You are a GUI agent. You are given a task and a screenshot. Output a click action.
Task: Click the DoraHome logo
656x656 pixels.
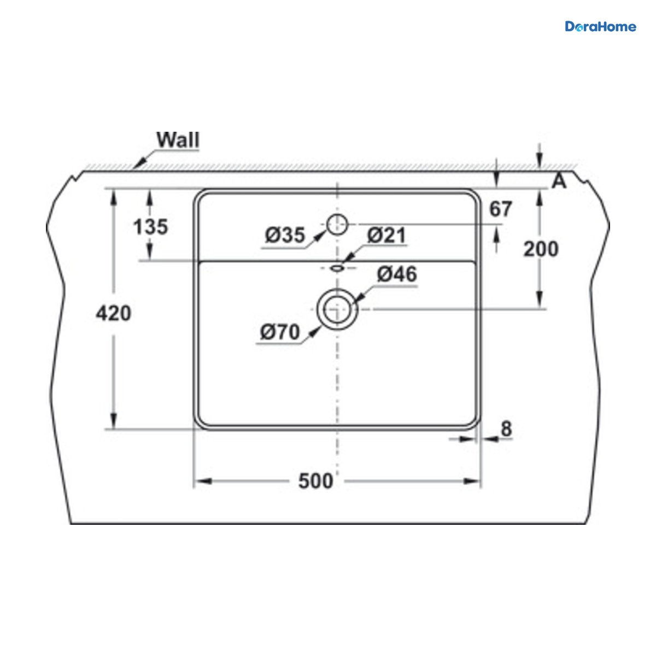click(x=600, y=27)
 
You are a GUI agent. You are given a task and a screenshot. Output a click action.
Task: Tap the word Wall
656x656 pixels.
click(x=178, y=139)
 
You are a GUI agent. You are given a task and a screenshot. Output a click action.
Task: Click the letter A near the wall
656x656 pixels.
click(x=559, y=181)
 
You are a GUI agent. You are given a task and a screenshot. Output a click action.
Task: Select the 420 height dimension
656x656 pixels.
click(x=113, y=313)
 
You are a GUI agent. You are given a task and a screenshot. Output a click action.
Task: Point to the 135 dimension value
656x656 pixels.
click(x=150, y=227)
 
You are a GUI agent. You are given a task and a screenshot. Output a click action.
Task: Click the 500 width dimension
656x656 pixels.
click(x=315, y=481)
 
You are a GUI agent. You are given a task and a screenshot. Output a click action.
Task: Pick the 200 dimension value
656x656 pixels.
click(x=541, y=249)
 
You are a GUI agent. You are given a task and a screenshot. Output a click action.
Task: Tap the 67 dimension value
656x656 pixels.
click(x=500, y=209)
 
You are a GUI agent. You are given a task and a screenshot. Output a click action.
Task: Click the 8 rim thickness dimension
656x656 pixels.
click(x=507, y=429)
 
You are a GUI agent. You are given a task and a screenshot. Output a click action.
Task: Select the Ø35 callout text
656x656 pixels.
click(x=285, y=235)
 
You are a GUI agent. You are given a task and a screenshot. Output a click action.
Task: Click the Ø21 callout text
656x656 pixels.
click(x=386, y=235)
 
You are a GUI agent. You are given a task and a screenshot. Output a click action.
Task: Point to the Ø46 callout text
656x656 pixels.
click(x=397, y=274)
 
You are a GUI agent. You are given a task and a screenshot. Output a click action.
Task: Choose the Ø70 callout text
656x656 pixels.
click(x=280, y=332)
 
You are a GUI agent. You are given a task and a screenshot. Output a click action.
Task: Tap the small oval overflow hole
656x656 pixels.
click(x=337, y=268)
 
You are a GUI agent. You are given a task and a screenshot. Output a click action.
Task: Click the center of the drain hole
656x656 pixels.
click(x=337, y=309)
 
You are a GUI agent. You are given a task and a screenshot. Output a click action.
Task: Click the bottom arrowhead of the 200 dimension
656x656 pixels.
click(x=539, y=301)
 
